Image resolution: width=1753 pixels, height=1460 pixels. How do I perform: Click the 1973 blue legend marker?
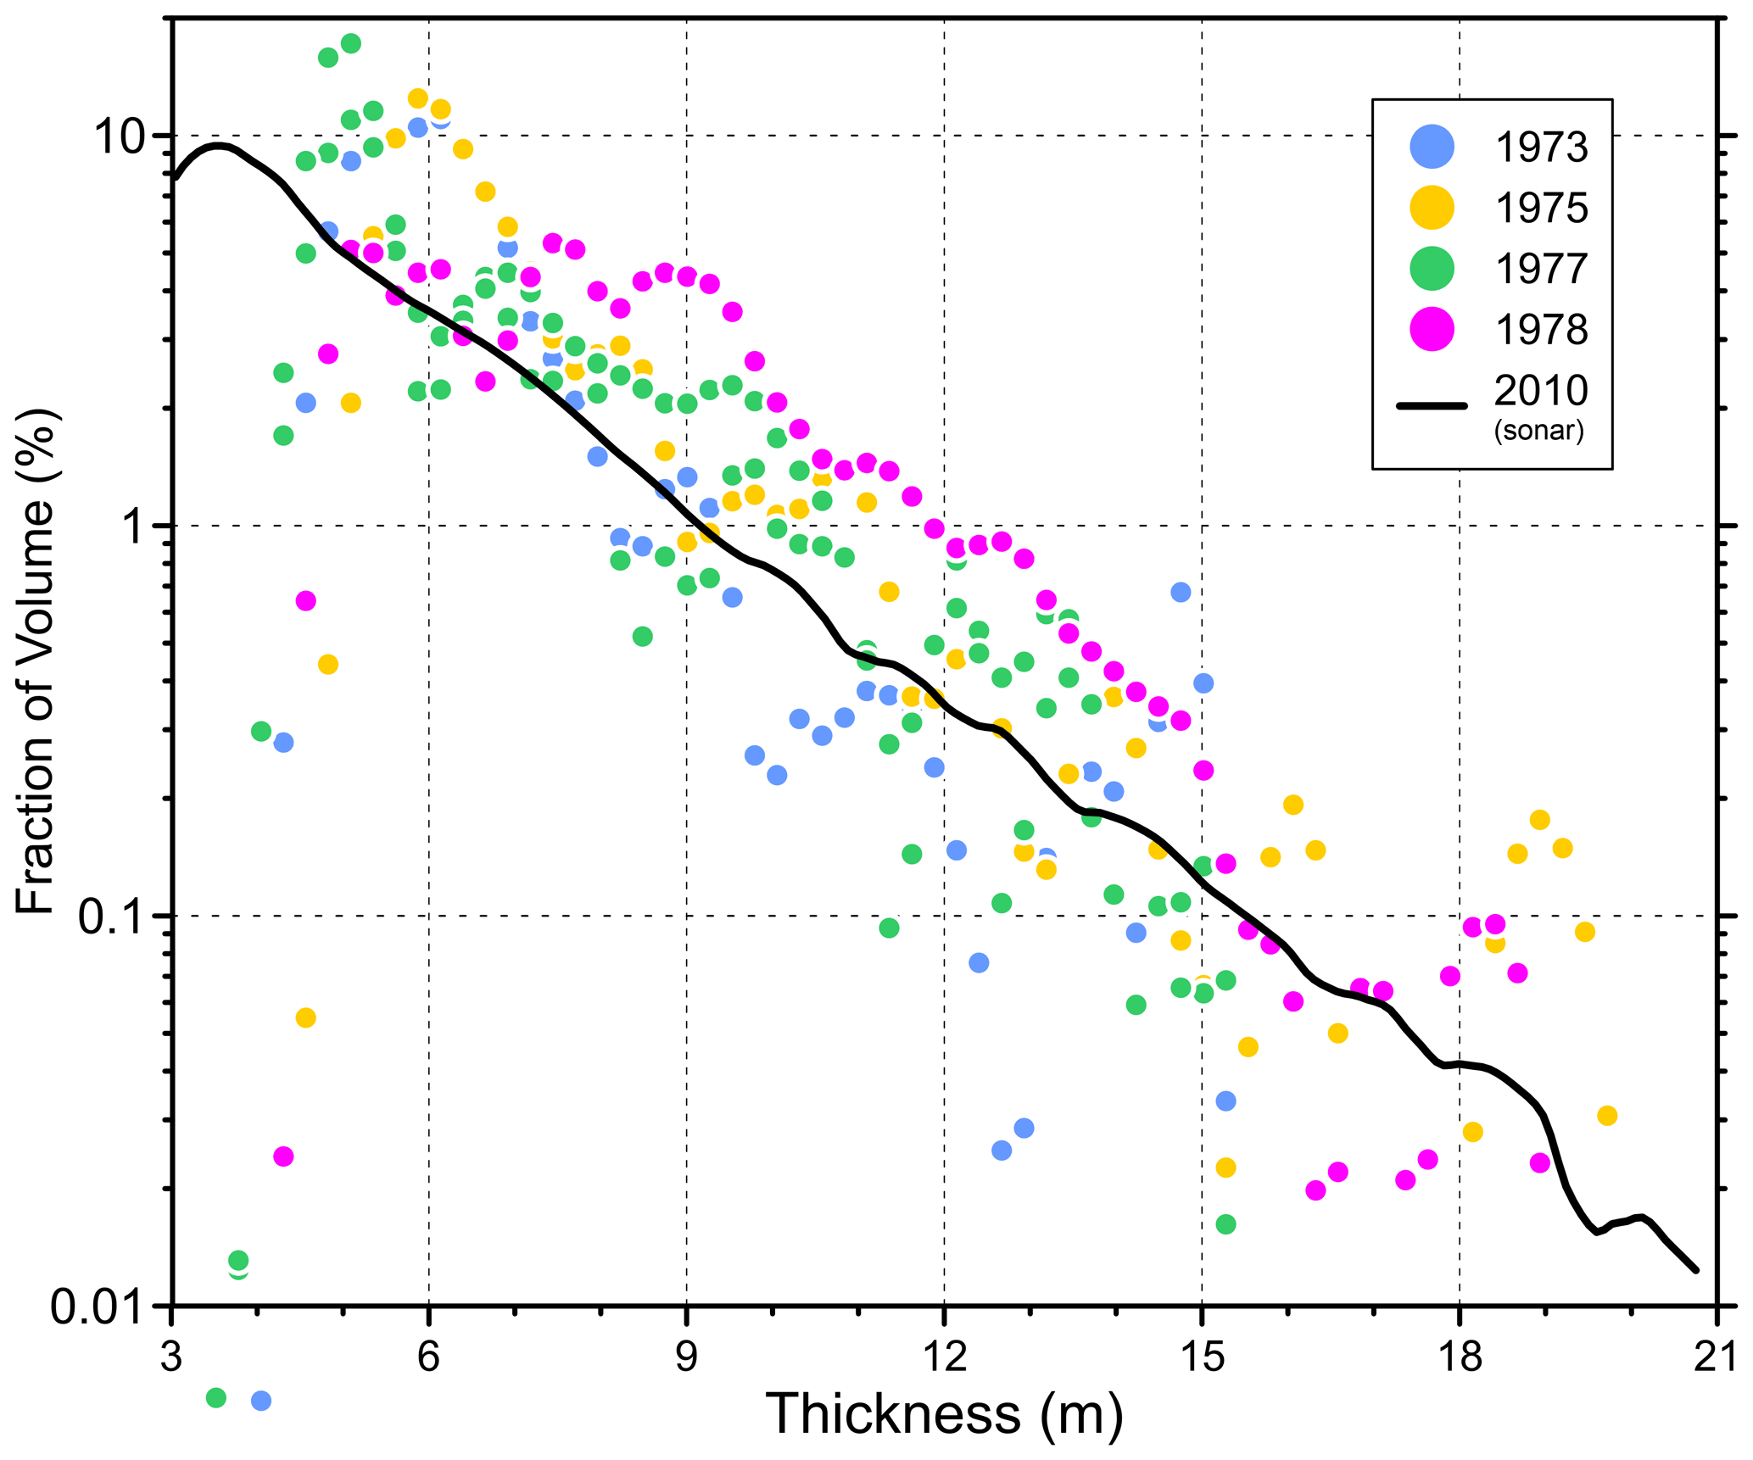[x=1432, y=147]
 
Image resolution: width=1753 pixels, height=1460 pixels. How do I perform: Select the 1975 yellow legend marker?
[x=1432, y=208]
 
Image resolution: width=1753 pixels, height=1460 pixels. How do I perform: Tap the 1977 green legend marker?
[x=1432, y=269]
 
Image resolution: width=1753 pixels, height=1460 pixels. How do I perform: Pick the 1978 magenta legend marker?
[x=1432, y=329]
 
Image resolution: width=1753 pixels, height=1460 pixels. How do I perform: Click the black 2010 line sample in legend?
[x=1432, y=406]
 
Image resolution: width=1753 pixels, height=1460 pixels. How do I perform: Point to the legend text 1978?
[x=1540, y=330]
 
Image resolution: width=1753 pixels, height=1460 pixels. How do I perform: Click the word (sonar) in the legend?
[x=1538, y=431]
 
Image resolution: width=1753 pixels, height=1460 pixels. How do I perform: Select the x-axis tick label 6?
[x=429, y=1357]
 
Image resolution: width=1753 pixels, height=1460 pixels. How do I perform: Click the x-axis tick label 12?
[x=944, y=1357]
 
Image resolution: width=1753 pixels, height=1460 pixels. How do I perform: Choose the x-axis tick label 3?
[x=172, y=1357]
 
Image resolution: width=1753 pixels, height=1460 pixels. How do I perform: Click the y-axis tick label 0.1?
[x=109, y=917]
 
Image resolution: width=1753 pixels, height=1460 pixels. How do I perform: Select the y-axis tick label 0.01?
[x=96, y=1307]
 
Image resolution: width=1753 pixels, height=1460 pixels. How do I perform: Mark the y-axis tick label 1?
[x=138, y=527]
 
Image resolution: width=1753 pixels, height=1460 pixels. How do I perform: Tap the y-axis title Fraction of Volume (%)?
[x=36, y=661]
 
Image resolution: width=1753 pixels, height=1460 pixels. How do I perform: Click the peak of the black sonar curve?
[x=219, y=146]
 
